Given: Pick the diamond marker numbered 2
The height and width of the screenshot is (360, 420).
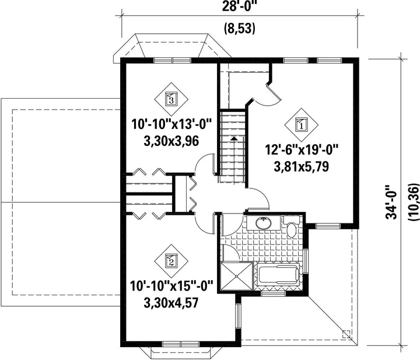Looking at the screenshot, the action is click(x=171, y=261).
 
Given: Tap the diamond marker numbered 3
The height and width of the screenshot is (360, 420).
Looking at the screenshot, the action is click(x=171, y=99).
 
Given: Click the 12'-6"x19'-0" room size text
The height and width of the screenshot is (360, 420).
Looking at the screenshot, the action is click(x=302, y=150).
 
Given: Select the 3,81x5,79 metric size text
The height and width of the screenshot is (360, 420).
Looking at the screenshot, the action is click(x=302, y=167).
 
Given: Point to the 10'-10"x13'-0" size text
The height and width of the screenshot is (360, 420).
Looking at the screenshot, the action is click(x=171, y=124).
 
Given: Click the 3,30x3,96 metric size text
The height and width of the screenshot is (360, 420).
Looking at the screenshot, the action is click(x=171, y=141).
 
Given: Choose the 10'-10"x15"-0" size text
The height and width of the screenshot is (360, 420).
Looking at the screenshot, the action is click(x=171, y=286).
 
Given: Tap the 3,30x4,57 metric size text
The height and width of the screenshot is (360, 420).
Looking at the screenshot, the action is click(x=171, y=303).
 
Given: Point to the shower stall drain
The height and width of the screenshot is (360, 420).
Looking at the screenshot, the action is click(x=236, y=277).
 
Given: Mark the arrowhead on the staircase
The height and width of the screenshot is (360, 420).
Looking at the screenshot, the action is click(x=234, y=138).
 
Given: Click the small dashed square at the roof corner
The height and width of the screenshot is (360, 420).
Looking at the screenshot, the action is click(x=346, y=334).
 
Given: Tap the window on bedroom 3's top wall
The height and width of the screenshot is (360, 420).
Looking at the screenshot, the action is click(x=172, y=60).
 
